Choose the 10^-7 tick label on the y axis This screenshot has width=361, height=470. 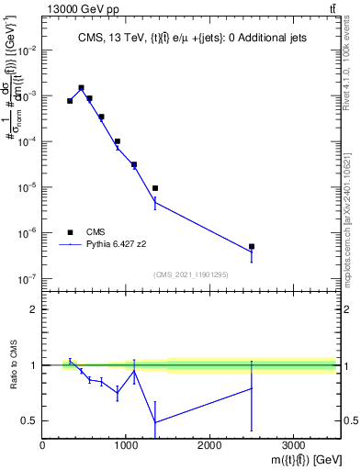point(28,278)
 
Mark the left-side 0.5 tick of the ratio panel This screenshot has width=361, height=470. point(30,420)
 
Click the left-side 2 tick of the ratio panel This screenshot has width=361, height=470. point(35,309)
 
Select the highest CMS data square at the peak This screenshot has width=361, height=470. point(82,88)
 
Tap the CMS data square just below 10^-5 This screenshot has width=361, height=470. point(155,188)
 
